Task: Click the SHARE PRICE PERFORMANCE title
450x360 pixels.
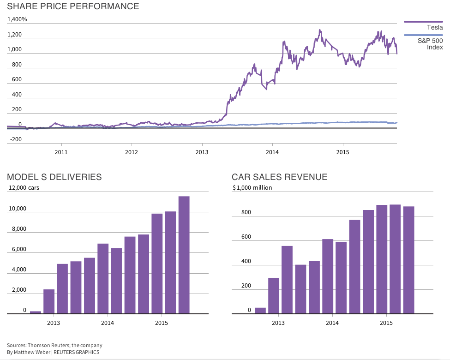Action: point(73,6)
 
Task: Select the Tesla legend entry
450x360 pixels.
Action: point(434,28)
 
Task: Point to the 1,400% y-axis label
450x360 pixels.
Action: point(17,19)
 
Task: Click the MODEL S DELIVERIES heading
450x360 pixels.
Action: point(54,177)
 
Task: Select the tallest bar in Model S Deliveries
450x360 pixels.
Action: point(184,255)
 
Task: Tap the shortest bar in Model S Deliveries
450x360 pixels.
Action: point(36,312)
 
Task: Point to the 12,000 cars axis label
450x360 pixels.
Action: point(24,188)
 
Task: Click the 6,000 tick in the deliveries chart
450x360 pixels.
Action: point(18,249)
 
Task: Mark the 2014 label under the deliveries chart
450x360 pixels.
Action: point(108,323)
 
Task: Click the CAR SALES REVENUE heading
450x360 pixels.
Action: point(279,177)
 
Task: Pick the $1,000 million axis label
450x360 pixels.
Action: point(252,188)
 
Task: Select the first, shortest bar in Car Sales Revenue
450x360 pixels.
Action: point(260,311)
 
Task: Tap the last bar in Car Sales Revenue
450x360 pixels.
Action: point(409,260)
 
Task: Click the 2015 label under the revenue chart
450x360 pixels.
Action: point(386,323)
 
